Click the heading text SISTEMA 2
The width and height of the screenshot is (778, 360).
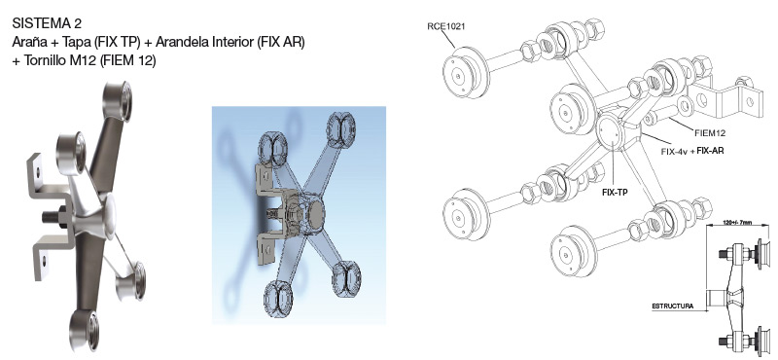pos(47,23)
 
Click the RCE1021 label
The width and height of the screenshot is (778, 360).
pos(446,26)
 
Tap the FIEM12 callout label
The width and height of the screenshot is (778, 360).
pos(710,132)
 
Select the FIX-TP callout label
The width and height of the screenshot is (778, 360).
pos(615,192)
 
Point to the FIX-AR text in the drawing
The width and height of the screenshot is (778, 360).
pos(710,150)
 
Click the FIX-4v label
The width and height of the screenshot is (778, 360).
pos(674,151)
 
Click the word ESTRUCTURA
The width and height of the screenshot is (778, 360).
pos(673,306)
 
